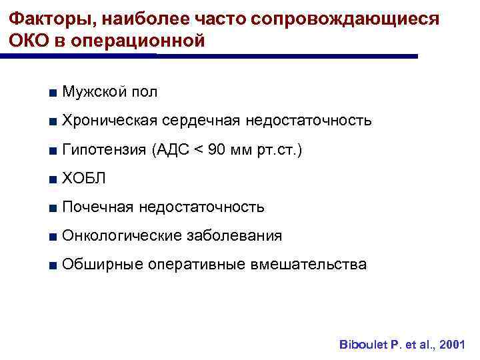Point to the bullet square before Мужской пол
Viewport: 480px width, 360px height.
[52, 93]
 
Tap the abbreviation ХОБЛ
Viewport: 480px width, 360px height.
[83, 179]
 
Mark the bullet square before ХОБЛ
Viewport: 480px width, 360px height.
[52, 179]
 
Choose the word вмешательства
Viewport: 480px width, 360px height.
[308, 265]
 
